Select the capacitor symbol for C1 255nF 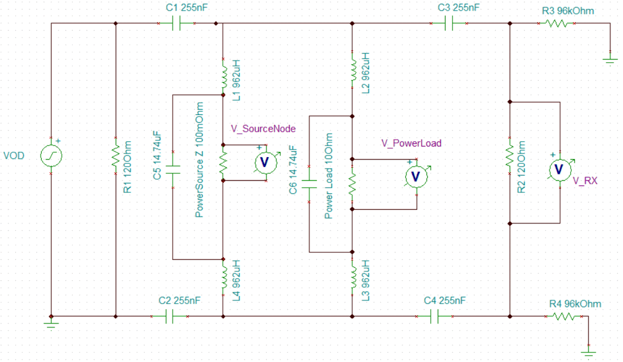176,23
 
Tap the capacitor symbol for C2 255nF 169,317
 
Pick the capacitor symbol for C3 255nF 449,23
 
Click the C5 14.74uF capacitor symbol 172,170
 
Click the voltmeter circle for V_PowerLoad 416,177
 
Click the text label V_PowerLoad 411,143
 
